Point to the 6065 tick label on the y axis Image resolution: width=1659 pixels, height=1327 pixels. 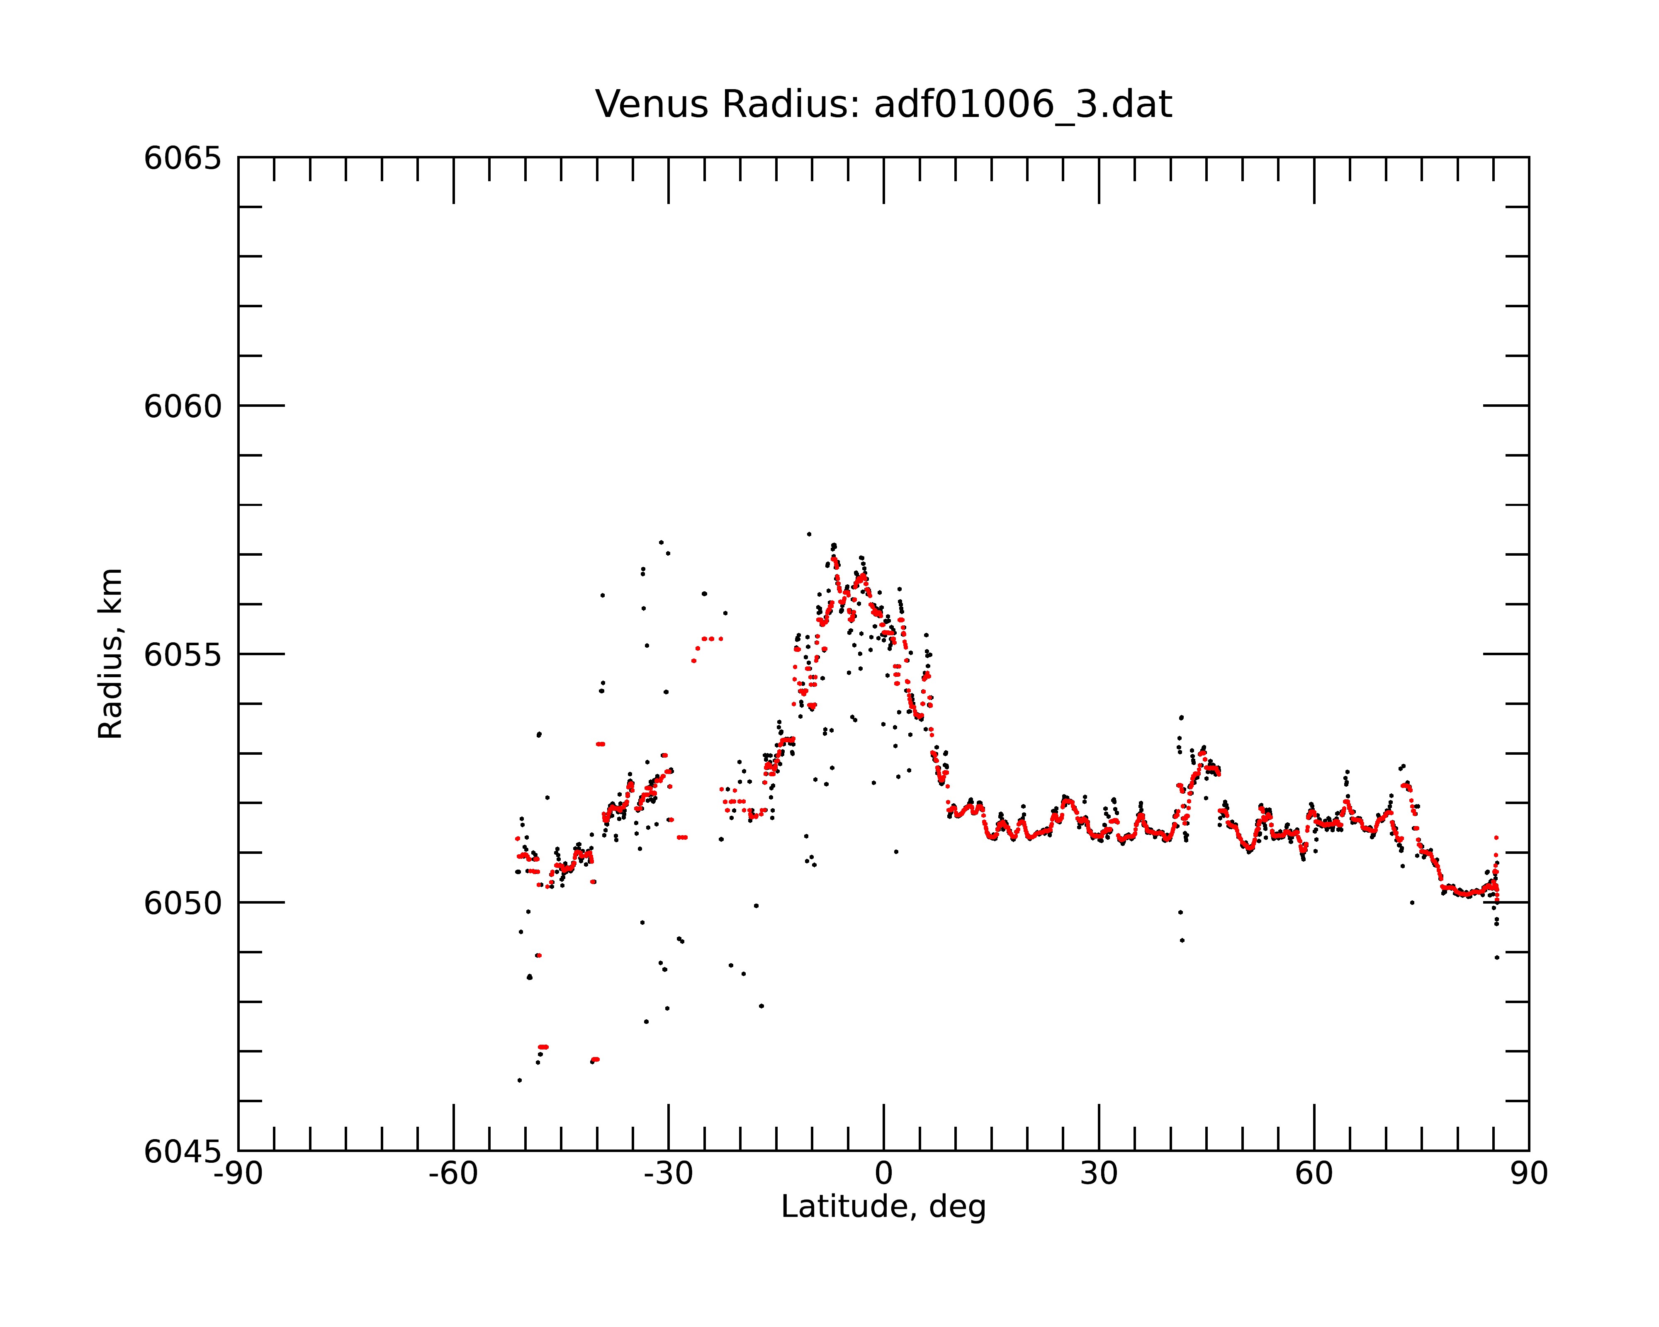pyautogui.click(x=182, y=158)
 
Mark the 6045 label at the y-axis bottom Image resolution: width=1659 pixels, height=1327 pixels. pyautogui.click(x=182, y=1152)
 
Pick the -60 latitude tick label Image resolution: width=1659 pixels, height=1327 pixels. pyautogui.click(x=453, y=1174)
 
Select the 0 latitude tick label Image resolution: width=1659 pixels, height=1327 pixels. pyautogui.click(x=883, y=1174)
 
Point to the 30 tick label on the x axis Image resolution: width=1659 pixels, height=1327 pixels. pyautogui.click(x=1099, y=1174)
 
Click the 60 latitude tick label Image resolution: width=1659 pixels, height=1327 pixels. pyautogui.click(x=1314, y=1174)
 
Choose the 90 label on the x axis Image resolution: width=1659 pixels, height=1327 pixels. pyautogui.click(x=1529, y=1174)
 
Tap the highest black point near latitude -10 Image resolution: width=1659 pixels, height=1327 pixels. pyautogui.click(x=809, y=534)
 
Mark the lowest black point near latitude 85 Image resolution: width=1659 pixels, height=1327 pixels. pyautogui.click(x=1497, y=958)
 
